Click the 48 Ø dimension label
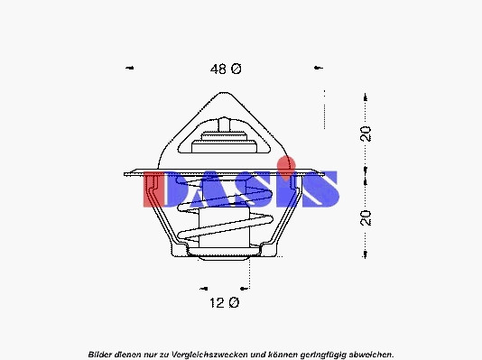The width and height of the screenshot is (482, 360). click(226, 69)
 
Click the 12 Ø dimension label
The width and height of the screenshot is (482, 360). click(225, 303)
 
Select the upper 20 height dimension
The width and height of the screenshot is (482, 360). click(366, 134)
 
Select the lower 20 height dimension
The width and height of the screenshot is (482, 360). click(366, 218)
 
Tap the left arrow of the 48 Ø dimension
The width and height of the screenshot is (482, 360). click(130, 68)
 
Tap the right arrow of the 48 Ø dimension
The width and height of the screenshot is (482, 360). click(319, 68)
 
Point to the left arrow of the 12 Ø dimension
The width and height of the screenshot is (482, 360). click(204, 289)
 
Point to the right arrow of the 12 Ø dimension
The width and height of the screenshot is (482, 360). click(244, 289)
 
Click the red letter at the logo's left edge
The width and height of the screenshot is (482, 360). click(153, 189)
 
